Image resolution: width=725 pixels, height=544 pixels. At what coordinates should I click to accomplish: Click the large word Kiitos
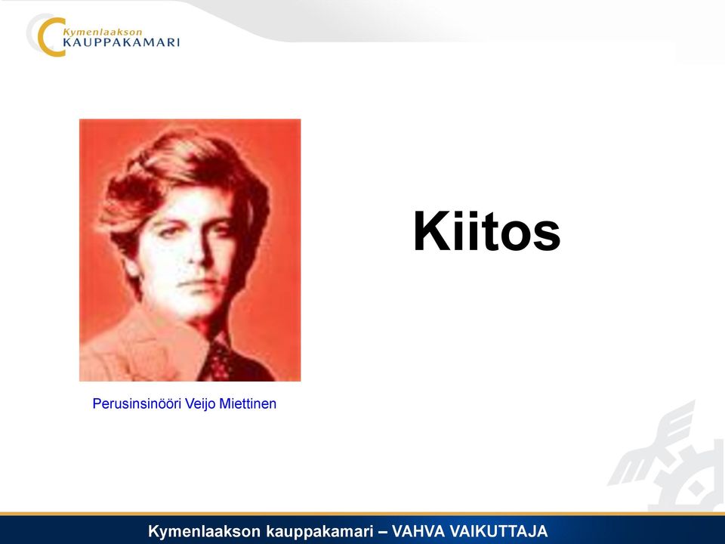point(486,231)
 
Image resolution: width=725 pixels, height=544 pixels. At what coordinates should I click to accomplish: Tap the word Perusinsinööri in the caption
point(137,403)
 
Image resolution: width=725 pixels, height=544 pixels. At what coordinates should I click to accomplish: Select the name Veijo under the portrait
point(199,403)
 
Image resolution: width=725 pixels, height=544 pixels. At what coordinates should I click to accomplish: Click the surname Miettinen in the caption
point(248,403)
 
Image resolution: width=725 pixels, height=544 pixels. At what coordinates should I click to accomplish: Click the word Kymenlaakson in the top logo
point(102,32)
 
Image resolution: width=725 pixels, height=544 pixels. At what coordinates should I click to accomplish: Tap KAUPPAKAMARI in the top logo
point(121,43)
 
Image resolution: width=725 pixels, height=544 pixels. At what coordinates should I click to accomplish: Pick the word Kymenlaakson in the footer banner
point(205,531)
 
